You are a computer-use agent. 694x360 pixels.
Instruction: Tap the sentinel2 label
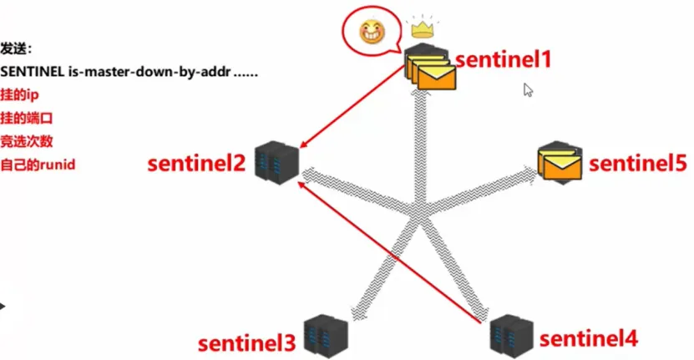197,163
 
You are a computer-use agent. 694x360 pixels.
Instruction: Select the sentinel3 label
246,342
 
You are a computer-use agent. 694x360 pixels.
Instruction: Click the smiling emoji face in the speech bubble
369,32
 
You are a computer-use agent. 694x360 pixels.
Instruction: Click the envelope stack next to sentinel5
560,160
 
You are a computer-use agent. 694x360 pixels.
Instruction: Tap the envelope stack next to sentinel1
429,70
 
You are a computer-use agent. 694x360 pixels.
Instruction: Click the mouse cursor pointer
528,90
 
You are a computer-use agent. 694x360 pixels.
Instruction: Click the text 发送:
17,50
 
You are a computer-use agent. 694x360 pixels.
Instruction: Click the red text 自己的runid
38,165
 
